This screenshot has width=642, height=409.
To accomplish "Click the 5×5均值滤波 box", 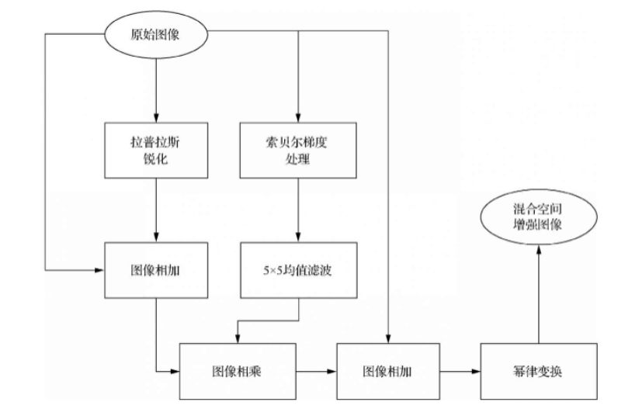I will pyautogui.click(x=298, y=272).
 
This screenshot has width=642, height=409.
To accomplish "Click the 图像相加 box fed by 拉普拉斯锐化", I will pyautogui.click(x=158, y=271).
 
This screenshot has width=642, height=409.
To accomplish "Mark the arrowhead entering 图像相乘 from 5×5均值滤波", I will pyautogui.click(x=238, y=337).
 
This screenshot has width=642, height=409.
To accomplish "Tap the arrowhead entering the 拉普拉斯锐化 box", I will pyautogui.click(x=158, y=118).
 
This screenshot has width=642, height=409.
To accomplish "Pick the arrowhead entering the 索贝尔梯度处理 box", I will pyautogui.click(x=298, y=118).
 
